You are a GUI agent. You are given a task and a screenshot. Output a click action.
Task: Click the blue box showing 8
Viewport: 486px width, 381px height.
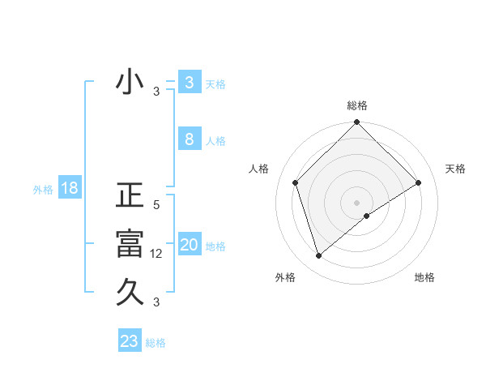point(189,139)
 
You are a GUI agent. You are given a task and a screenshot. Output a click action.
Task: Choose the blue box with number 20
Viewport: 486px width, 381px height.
point(189,245)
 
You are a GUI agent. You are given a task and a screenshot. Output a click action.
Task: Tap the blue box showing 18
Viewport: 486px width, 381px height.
point(70,189)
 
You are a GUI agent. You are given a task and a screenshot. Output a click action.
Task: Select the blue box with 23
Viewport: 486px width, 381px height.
point(130,341)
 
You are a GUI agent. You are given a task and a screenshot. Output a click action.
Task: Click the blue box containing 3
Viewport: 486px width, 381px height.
point(189,82)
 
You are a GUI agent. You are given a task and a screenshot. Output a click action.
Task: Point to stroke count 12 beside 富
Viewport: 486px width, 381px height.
point(158,254)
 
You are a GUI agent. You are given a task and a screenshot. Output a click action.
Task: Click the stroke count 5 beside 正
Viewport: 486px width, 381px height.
point(156,206)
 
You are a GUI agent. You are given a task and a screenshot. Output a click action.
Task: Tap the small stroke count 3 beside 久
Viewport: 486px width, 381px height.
point(156,302)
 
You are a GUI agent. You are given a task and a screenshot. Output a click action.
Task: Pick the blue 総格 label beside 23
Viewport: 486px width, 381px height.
point(156,343)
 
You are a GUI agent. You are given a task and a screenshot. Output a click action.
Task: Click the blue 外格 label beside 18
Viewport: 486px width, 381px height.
point(43,190)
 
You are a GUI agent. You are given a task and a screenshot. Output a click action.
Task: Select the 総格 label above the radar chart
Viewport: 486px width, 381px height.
point(357,105)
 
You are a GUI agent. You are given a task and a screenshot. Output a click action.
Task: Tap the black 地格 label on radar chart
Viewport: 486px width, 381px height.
point(424,277)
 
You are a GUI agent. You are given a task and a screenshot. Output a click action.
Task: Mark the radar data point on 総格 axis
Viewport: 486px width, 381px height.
point(356,123)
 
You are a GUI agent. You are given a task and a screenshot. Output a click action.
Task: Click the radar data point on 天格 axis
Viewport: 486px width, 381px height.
point(419,182)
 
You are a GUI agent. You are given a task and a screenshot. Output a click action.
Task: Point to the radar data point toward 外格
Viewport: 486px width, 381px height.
point(318,256)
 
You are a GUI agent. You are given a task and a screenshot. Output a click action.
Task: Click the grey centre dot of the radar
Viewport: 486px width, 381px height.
point(356,202)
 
